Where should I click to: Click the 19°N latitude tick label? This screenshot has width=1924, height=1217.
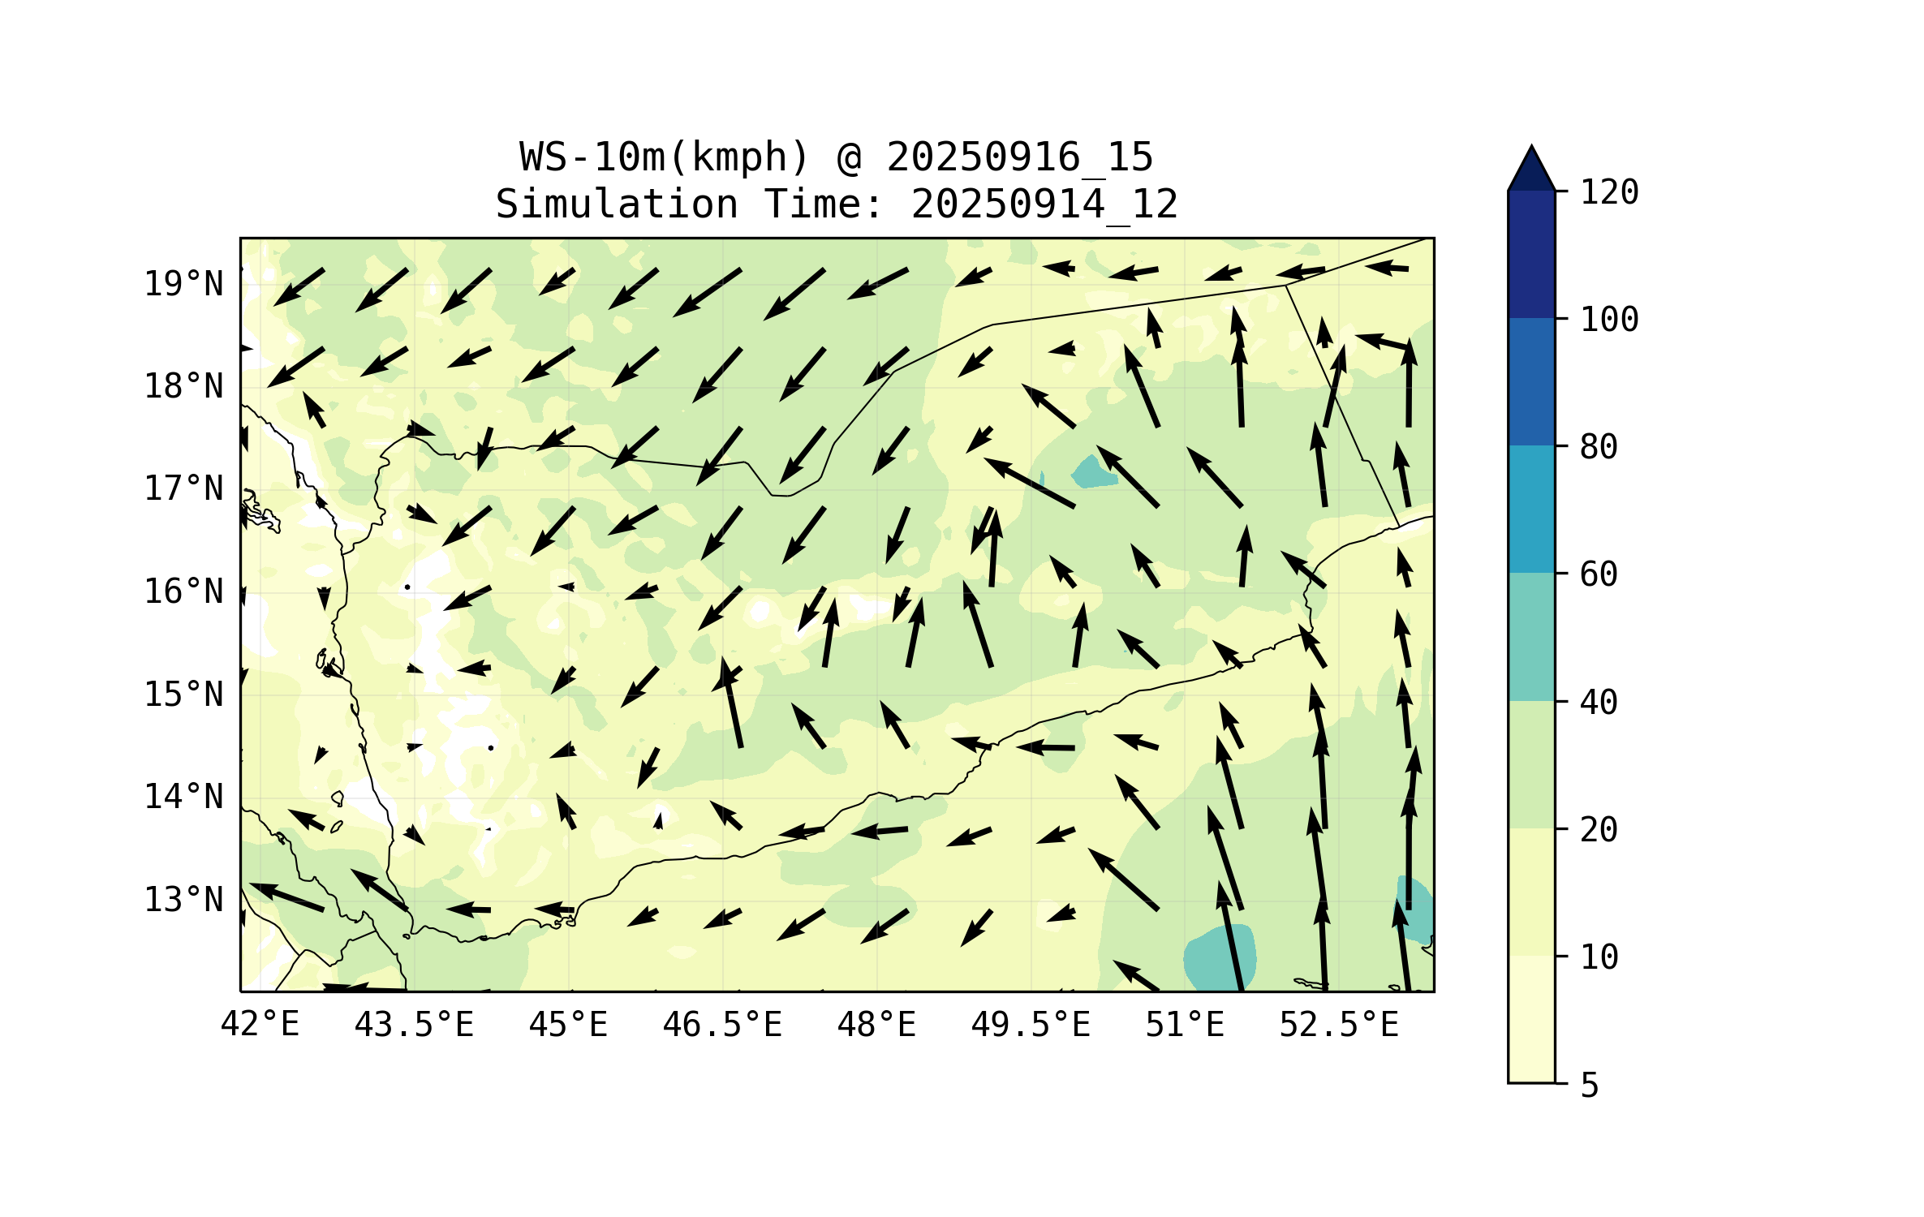(x=183, y=284)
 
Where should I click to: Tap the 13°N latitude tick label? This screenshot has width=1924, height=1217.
(x=183, y=900)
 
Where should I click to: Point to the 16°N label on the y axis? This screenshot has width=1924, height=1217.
(x=183, y=591)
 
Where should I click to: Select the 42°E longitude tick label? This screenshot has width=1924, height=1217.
(x=260, y=1025)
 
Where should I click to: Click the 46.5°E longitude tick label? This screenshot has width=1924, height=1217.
(x=722, y=1025)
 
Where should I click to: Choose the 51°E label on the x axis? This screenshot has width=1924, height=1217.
(x=1184, y=1025)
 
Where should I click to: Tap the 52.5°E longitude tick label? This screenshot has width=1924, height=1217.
(x=1339, y=1025)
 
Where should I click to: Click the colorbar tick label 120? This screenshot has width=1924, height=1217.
(x=1609, y=192)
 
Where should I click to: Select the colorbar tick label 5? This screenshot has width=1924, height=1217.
(x=1590, y=1086)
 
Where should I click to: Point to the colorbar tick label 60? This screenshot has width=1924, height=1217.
(x=1599, y=574)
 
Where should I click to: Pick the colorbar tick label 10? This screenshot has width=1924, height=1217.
(x=1599, y=957)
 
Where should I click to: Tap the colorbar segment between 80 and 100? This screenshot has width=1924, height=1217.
(x=1531, y=381)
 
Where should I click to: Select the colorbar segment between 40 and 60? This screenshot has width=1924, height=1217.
(x=1531, y=637)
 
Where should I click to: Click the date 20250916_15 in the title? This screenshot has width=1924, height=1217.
(x=1019, y=157)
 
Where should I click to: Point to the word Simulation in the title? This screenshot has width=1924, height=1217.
(x=617, y=204)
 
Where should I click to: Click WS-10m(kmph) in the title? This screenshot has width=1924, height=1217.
(x=665, y=157)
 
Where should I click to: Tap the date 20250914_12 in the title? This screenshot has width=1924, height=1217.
(x=1044, y=204)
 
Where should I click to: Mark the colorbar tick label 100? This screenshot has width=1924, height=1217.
(x=1609, y=320)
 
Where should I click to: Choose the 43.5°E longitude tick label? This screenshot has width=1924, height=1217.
(x=414, y=1025)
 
